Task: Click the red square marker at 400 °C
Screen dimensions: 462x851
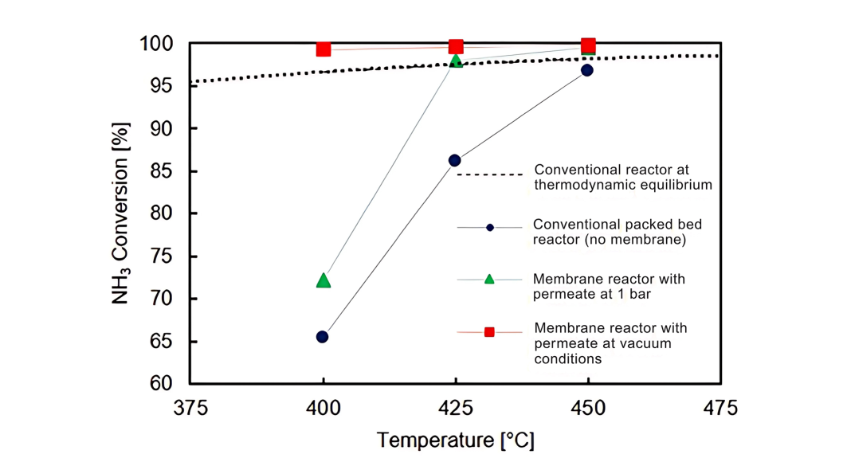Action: pyautogui.click(x=324, y=49)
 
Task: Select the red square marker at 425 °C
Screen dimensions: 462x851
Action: pyautogui.click(x=456, y=47)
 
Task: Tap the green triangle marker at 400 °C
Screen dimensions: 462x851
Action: pyautogui.click(x=324, y=280)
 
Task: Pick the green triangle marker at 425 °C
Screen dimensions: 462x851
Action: pyautogui.click(x=456, y=61)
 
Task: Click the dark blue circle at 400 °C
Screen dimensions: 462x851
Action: pyautogui.click(x=323, y=337)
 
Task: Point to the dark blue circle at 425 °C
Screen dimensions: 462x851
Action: pyautogui.click(x=455, y=161)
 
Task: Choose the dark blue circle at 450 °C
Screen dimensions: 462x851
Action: pyautogui.click(x=587, y=70)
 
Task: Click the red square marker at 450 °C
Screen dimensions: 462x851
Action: pyautogui.click(x=588, y=45)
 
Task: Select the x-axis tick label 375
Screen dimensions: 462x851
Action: pyautogui.click(x=190, y=409)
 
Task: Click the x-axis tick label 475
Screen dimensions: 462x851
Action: pyautogui.click(x=720, y=409)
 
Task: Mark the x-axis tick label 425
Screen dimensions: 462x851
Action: pyautogui.click(x=456, y=409)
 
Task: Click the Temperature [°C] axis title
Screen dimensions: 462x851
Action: pyautogui.click(x=455, y=440)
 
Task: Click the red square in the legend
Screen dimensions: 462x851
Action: pyautogui.click(x=489, y=332)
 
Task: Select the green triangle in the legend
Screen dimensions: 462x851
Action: pyautogui.click(x=489, y=280)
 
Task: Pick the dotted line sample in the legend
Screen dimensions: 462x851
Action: pyautogui.click(x=489, y=174)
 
